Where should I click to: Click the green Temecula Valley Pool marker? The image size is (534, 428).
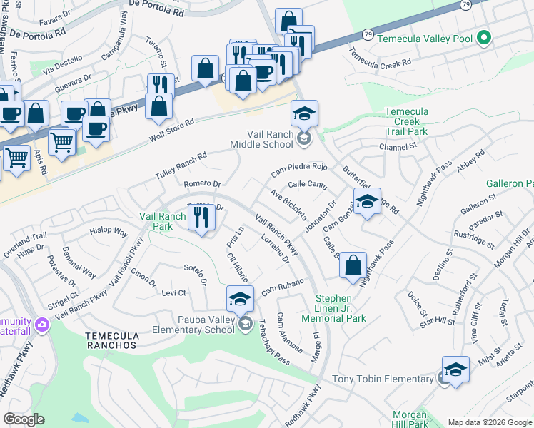pyautogui.click(x=483, y=37)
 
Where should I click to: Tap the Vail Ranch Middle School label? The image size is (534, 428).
pyautogui.click(x=270, y=139)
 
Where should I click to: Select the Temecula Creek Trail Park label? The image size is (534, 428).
pyautogui.click(x=406, y=122)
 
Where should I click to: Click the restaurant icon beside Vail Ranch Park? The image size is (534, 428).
pyautogui.click(x=201, y=220)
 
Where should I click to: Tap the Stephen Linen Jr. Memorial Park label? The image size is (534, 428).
pyautogui.click(x=342, y=308)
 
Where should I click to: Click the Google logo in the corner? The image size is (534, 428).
pyautogui.click(x=24, y=419)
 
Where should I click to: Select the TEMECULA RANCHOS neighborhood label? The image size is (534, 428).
pyautogui.click(x=110, y=345)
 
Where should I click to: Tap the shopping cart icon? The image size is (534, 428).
pyautogui.click(x=62, y=142)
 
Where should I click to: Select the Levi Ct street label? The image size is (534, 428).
pyautogui.click(x=173, y=292)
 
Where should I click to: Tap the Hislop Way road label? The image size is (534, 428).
pyautogui.click(x=109, y=233)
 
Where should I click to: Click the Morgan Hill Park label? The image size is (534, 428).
pyautogui.click(x=410, y=419)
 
